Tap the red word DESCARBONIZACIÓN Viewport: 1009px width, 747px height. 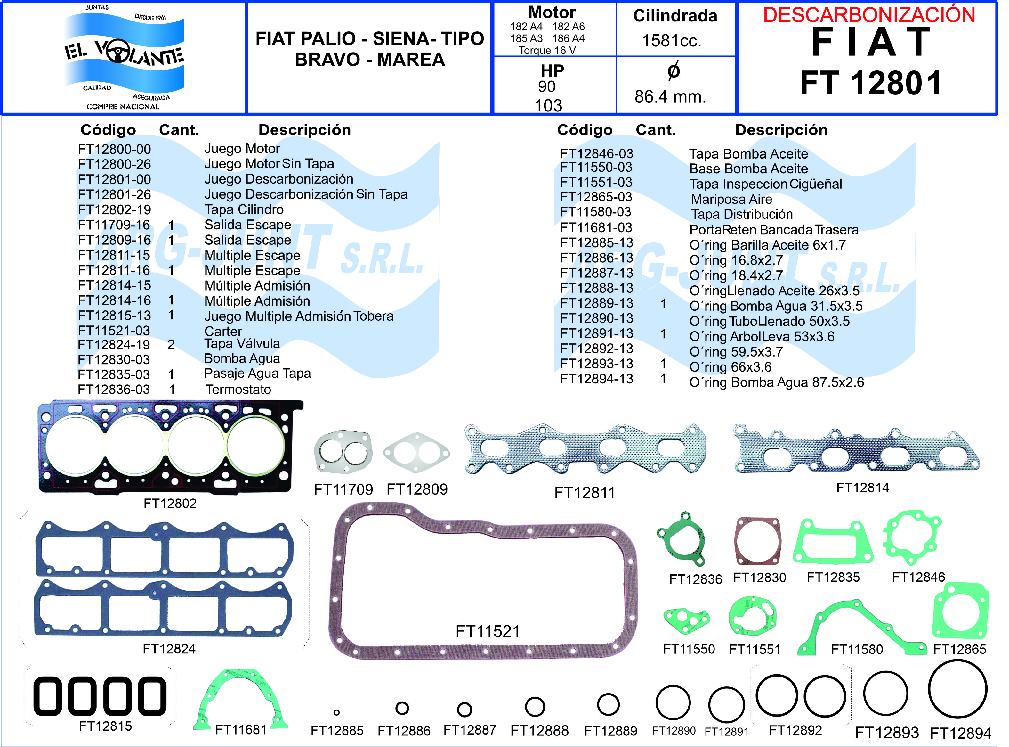click(x=868, y=15)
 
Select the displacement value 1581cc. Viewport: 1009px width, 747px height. click(x=672, y=41)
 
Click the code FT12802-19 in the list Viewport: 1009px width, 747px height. click(x=114, y=210)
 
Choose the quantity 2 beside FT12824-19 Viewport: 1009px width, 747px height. click(x=171, y=345)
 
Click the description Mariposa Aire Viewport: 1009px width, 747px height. click(x=731, y=200)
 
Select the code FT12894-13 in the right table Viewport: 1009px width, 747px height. click(x=596, y=379)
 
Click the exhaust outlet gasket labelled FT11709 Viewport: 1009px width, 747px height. click(x=343, y=452)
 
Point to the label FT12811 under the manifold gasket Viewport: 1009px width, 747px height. click(x=585, y=492)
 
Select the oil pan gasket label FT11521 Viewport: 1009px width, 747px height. click(x=488, y=631)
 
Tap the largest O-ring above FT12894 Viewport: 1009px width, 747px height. click(x=957, y=689)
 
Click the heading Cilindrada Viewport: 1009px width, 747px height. click(x=675, y=16)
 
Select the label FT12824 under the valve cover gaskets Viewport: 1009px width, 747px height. click(x=169, y=649)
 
